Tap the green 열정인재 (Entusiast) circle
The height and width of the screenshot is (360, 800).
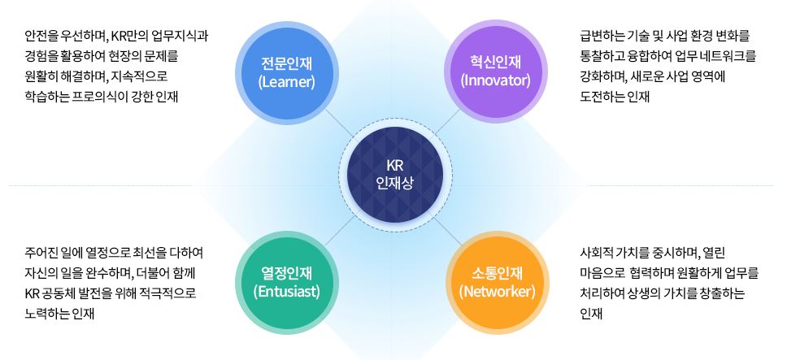[x=286, y=281]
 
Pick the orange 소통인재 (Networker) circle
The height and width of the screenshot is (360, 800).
[x=496, y=281]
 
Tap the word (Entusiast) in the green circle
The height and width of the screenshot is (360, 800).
[x=286, y=291]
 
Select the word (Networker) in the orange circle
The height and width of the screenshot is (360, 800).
[x=496, y=291]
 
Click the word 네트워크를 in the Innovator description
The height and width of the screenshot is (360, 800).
[x=725, y=57]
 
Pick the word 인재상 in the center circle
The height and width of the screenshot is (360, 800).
[x=394, y=183]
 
